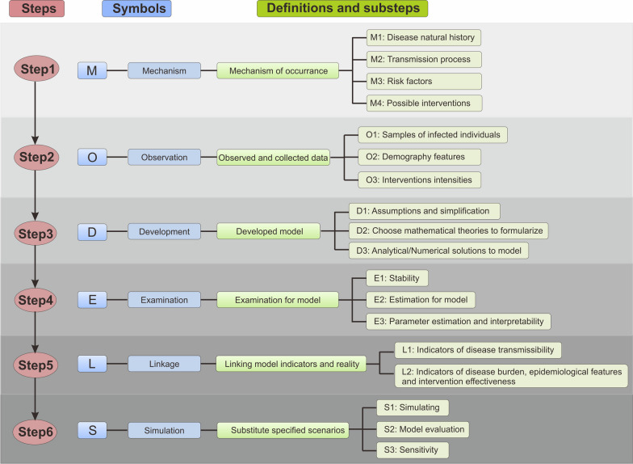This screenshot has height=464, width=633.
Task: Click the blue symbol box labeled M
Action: [92, 70]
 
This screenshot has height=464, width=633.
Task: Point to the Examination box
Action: [164, 300]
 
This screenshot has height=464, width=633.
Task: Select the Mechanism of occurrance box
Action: [278, 70]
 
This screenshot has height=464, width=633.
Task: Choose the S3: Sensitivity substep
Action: [412, 449]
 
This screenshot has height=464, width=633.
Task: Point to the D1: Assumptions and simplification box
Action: [423, 210]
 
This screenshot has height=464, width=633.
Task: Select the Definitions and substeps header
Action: [342, 10]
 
